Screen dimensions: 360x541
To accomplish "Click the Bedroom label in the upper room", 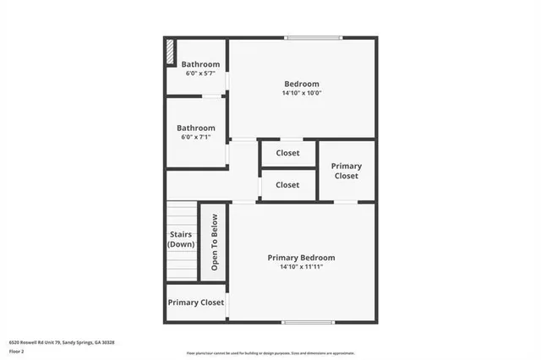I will click(301, 83).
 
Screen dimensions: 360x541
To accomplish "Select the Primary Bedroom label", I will click(301, 258).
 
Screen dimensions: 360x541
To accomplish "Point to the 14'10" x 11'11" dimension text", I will click(301, 267).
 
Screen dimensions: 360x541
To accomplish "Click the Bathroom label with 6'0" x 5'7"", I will click(200, 64).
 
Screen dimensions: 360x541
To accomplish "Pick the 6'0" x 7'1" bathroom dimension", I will click(195, 137).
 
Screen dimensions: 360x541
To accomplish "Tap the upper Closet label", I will click(287, 154).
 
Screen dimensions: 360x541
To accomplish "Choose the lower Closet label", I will click(287, 184).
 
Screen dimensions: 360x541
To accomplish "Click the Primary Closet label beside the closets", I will click(345, 171).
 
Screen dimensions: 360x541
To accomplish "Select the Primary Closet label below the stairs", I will click(195, 303).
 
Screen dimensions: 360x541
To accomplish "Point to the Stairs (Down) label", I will click(181, 239).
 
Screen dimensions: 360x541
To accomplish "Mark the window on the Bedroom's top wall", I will click(314, 37).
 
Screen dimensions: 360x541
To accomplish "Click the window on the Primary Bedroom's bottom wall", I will click(308, 322).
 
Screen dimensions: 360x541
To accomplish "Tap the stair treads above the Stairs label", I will click(181, 214).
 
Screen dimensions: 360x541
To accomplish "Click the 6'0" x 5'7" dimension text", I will click(200, 74).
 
